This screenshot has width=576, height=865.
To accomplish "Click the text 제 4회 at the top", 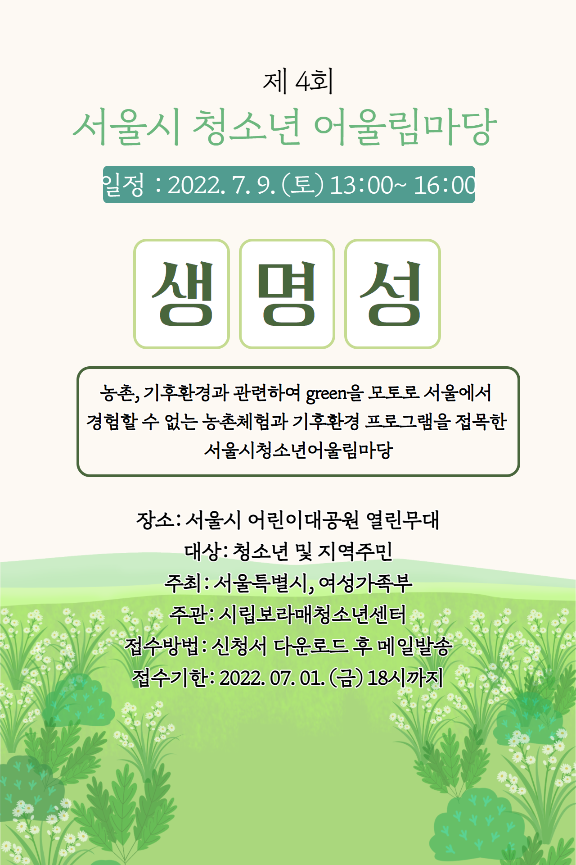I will (298, 82).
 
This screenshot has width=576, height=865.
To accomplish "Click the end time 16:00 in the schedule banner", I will (444, 185).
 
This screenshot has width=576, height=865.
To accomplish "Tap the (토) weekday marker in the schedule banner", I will (302, 185).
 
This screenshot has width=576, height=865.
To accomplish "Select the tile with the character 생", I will (182, 294).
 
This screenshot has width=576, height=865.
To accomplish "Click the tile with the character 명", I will (287, 294).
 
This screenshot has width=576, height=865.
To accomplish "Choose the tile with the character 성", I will (392, 294).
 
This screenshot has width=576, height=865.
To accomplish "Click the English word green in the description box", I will (326, 394).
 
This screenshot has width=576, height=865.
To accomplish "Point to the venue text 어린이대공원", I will (304, 520).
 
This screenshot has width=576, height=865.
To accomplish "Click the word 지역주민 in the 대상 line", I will (355, 551).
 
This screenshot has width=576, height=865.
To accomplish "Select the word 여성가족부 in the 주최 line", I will (365, 583).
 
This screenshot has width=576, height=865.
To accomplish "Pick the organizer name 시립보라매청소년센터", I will (312, 615).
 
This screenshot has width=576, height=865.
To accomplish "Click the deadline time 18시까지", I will (405, 678).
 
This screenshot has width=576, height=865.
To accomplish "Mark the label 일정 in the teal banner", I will (123, 185).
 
